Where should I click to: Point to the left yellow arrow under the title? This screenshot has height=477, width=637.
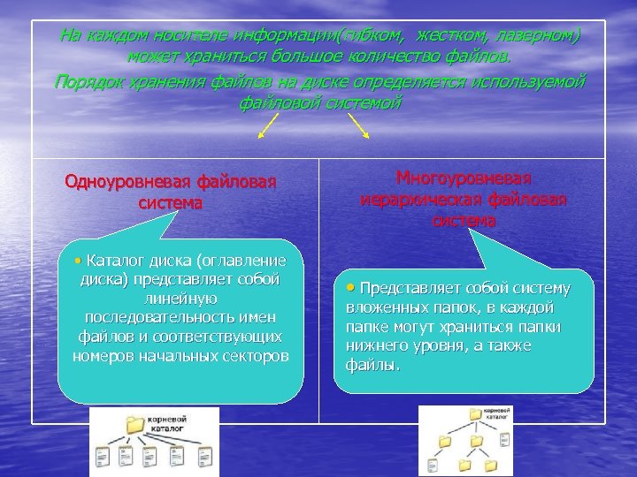pos(266,130)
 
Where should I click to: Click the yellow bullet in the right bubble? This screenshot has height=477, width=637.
pos(351,288)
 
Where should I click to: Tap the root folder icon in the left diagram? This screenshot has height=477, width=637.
pos(135,425)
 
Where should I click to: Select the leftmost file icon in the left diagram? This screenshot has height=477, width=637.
pos(102,458)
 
